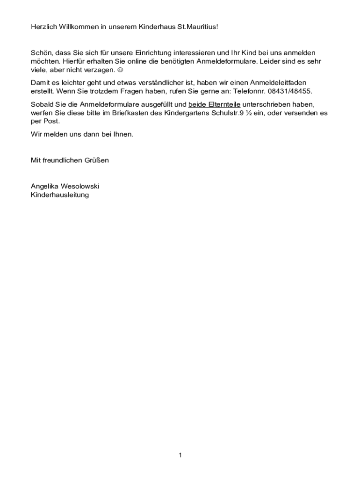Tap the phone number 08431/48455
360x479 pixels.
[x=290, y=91]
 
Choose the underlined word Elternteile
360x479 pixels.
[x=222, y=104]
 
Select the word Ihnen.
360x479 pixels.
[x=123, y=134]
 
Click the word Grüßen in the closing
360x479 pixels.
[x=97, y=160]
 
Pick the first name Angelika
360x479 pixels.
[x=45, y=186]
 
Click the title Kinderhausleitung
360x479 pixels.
[x=59, y=195]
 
